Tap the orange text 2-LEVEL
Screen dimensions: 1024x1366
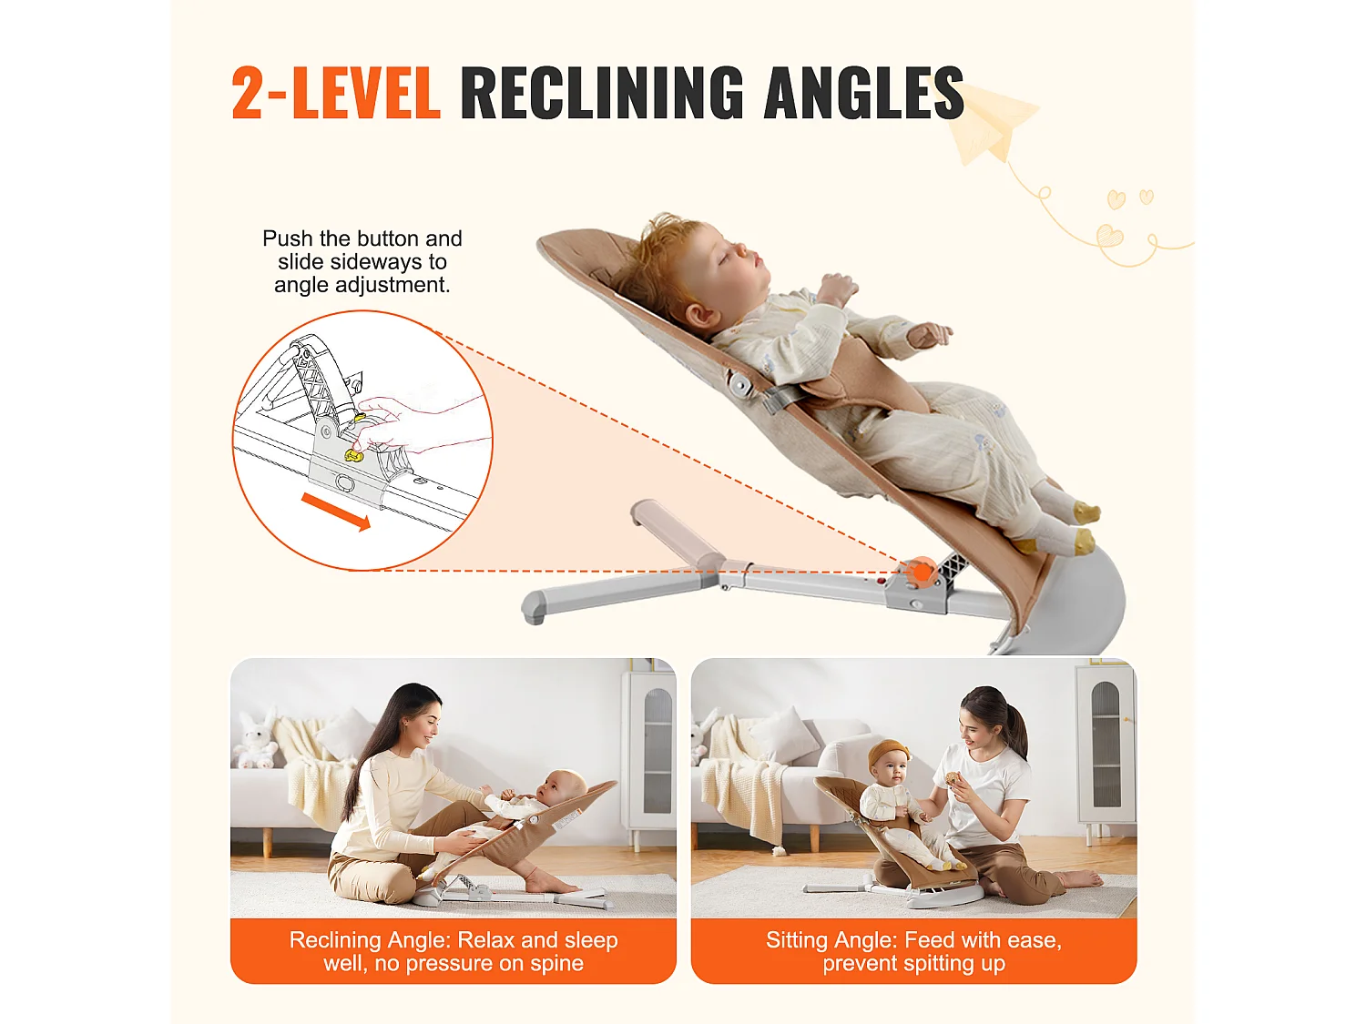335,93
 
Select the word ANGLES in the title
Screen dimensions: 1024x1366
863,93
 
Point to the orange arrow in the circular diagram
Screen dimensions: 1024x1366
336,511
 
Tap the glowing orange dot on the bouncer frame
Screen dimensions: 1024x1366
922,573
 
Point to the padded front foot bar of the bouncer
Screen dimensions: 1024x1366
678,532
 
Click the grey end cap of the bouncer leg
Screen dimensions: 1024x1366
535,607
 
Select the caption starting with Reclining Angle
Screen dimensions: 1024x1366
454,951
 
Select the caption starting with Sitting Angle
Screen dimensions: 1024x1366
913,951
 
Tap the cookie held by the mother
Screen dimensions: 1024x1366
953,778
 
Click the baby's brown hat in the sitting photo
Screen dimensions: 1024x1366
889,753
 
